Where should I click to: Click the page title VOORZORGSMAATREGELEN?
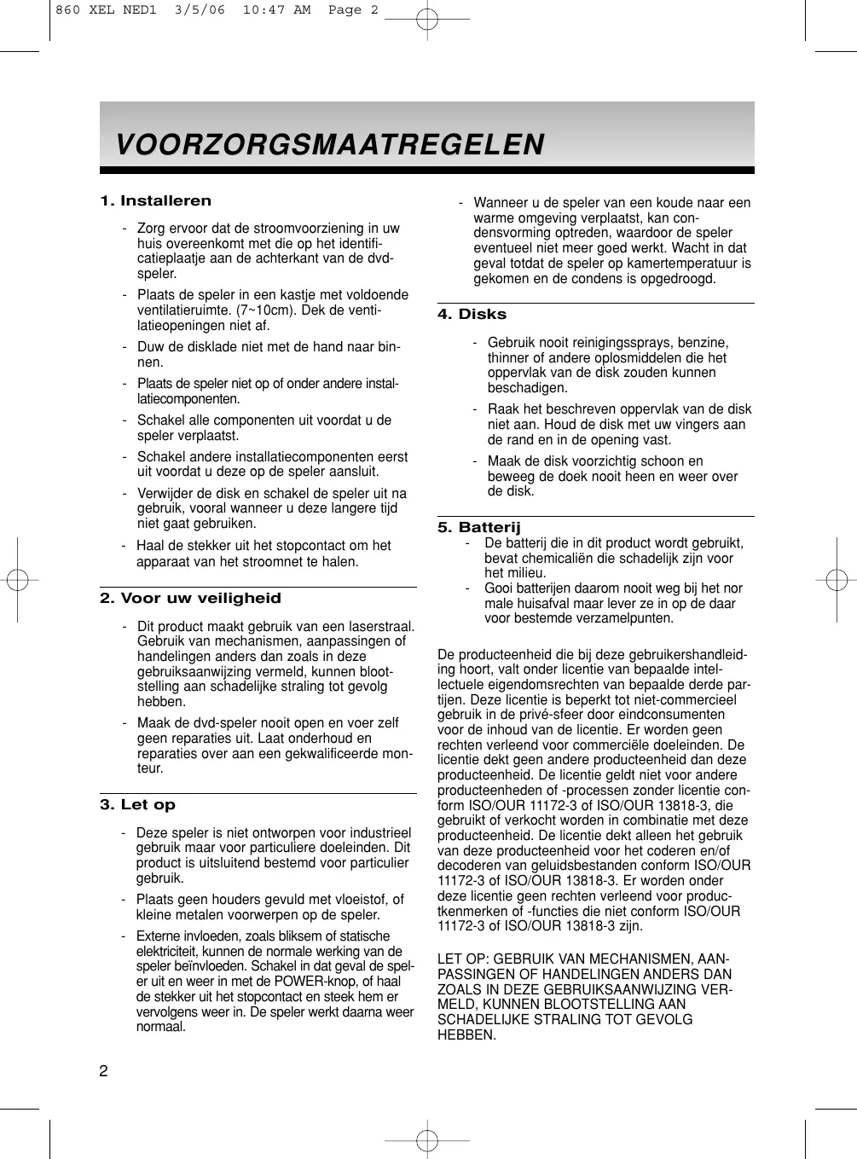point(329,143)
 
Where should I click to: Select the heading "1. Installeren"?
point(155,201)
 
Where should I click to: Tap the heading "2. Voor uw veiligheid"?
point(190,598)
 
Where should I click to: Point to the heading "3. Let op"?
point(137,804)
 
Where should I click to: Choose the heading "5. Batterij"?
point(478,527)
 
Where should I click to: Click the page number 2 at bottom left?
point(103,1072)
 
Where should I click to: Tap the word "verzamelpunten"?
point(608,618)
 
